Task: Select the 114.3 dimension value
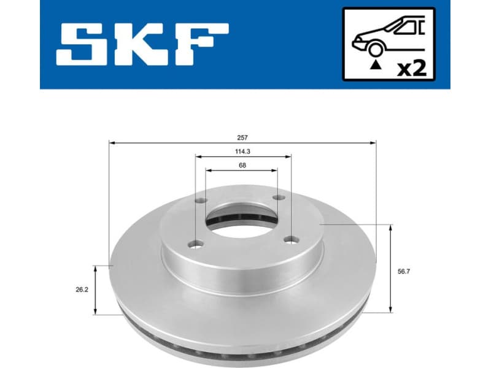tap(243, 150)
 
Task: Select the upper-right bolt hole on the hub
tap(277, 197)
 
